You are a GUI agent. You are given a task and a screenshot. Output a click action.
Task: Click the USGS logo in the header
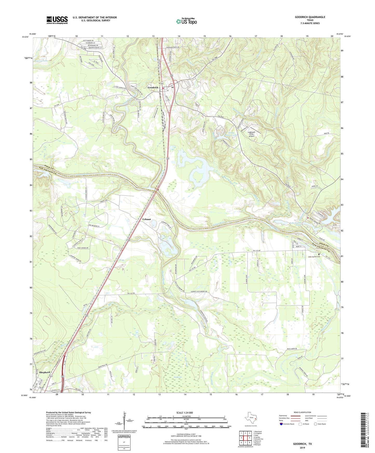point(57,20)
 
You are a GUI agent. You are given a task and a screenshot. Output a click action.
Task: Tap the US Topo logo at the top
point(186,21)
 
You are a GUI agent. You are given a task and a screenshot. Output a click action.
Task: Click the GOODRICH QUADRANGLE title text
point(310,17)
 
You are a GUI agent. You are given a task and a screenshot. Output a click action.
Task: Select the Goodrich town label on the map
point(153,88)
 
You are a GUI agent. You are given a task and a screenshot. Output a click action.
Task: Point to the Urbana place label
point(147,219)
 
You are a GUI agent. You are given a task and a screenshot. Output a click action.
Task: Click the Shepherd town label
point(45,372)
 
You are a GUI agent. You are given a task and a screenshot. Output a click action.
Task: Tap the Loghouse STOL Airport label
point(251,134)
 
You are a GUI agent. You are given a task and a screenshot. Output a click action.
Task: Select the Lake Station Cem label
point(314,257)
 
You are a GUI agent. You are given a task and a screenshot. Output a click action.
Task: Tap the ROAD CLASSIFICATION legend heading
point(302,412)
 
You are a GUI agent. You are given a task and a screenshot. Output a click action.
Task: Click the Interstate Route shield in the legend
point(281,424)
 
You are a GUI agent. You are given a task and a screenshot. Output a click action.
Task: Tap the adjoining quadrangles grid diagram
point(245,438)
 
